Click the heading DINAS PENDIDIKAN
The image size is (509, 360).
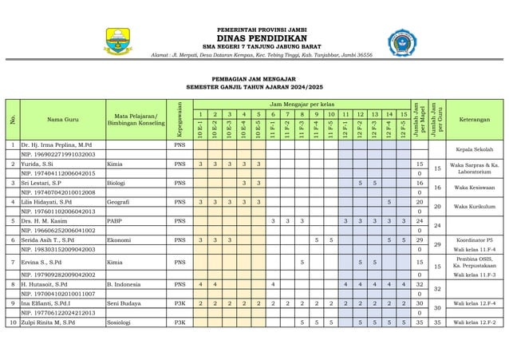point(254,34)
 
